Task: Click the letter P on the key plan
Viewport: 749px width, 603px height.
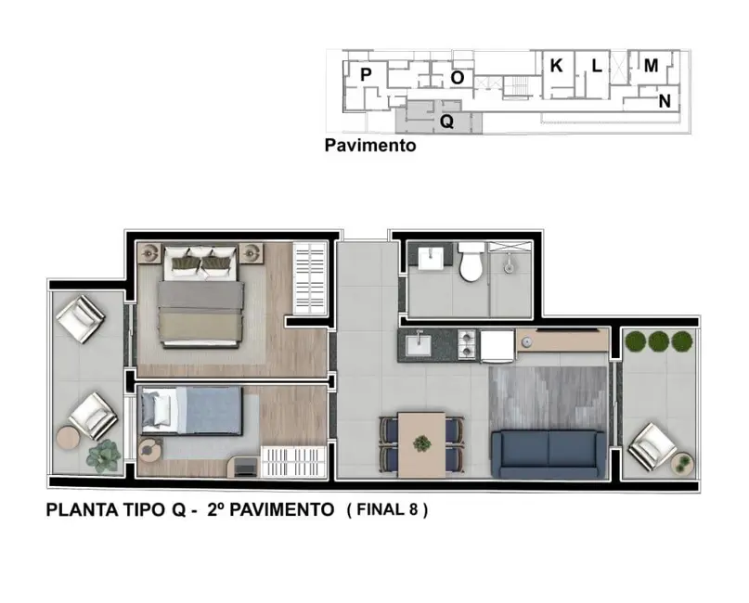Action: [x=366, y=74]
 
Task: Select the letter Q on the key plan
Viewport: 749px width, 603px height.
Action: [x=446, y=121]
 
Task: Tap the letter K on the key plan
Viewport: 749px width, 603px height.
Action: [x=556, y=66]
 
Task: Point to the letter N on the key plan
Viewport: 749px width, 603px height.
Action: [x=665, y=101]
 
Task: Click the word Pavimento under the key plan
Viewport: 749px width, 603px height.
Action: [x=369, y=146]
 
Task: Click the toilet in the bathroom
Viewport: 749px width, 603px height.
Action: [x=471, y=263]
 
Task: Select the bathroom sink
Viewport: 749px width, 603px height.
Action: [x=430, y=257]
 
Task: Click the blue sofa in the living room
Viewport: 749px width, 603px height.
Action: [x=548, y=450]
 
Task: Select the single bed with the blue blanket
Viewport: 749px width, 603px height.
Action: [x=191, y=411]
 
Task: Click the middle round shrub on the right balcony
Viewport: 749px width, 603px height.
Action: [x=659, y=340]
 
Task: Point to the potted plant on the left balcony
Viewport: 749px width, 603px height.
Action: [x=103, y=455]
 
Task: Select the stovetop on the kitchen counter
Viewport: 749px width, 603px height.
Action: [x=463, y=346]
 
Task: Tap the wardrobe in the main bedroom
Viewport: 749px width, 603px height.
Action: [x=310, y=278]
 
